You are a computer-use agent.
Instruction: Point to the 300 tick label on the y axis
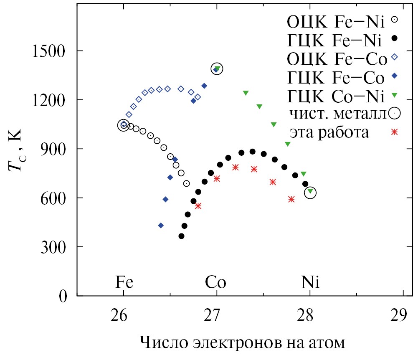[x=53, y=247]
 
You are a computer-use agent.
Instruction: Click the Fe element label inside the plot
[x=124, y=283]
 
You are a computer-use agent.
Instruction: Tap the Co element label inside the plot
[x=216, y=283]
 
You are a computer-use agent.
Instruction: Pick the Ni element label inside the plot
[x=310, y=283]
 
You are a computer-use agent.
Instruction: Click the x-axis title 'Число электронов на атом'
[x=242, y=343]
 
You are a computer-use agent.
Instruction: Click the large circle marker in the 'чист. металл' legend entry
[x=394, y=113]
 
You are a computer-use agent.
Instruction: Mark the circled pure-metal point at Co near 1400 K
[x=217, y=68]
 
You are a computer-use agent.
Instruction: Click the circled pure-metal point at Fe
[x=124, y=125]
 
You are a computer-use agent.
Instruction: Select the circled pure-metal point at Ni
[x=310, y=193]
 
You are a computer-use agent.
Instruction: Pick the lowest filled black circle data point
[x=181, y=236]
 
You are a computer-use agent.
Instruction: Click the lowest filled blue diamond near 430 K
[x=161, y=226]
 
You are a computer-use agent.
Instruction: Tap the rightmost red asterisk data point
[x=291, y=199]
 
